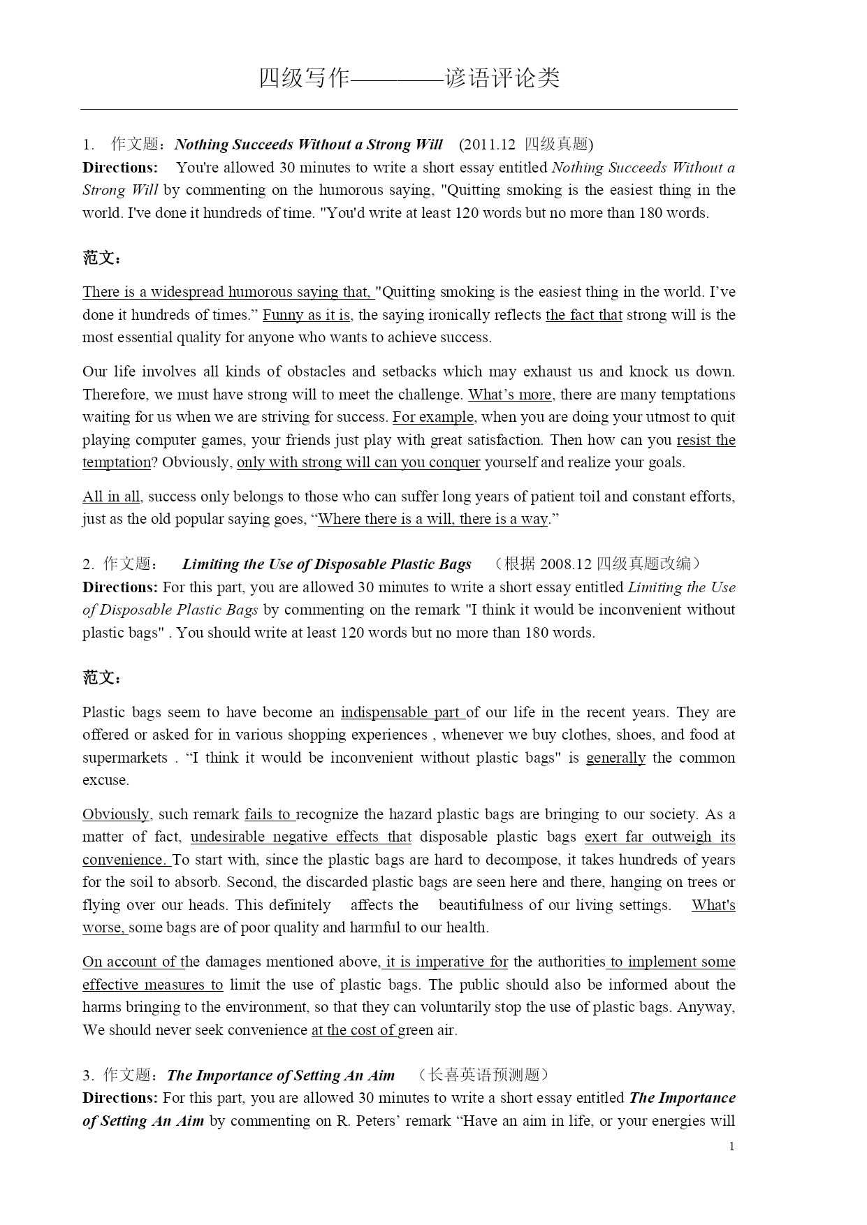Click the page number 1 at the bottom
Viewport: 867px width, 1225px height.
pyautogui.click(x=731, y=1146)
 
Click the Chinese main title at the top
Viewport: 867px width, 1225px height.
pyautogui.click(x=409, y=78)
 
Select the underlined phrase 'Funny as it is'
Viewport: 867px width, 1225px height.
pyautogui.click(x=307, y=315)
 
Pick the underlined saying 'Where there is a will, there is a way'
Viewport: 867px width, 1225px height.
pyautogui.click(x=433, y=519)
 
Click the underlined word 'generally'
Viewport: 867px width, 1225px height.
pyautogui.click(x=615, y=758)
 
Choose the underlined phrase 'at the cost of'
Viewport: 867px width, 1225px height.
pyautogui.click(x=354, y=1030)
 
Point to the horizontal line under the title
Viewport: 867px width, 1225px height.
pyautogui.click(x=409, y=109)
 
